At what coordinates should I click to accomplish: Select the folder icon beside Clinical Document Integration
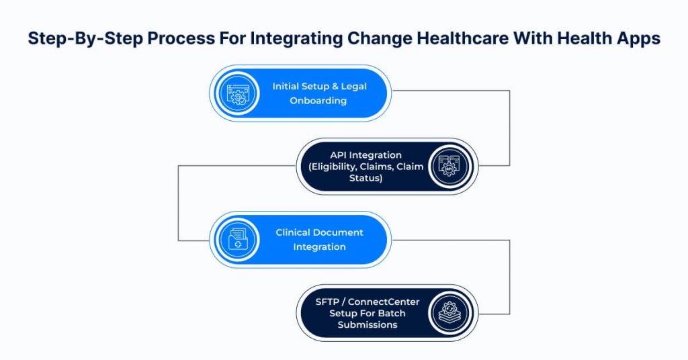238,240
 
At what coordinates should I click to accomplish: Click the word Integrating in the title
296,38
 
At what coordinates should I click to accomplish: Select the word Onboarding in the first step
318,101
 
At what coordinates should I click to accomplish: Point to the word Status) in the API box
366,178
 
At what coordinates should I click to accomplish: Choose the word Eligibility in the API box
335,167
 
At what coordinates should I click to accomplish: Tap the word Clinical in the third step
292,232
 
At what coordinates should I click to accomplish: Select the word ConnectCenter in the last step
384,302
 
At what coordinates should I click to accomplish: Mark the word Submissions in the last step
368,324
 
